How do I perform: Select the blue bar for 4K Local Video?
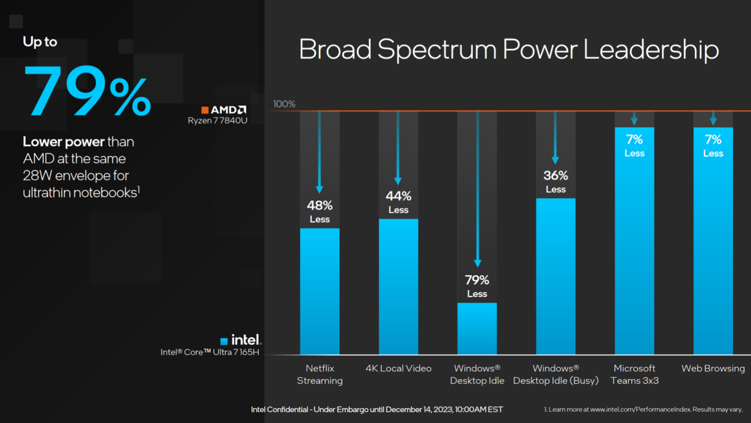(398, 286)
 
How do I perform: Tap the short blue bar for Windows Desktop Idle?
(477, 329)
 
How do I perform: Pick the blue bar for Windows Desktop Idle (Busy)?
(555, 276)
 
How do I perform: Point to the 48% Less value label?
(320, 211)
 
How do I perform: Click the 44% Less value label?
(398, 202)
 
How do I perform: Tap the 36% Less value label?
(555, 181)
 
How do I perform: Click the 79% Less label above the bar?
(477, 286)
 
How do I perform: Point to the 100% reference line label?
(284, 104)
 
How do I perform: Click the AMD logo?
(224, 110)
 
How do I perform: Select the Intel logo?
(240, 340)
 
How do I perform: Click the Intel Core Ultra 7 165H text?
(210, 352)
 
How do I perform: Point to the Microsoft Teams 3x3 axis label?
(634, 374)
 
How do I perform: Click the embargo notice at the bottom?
(377, 409)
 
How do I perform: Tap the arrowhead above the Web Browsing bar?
(713, 122)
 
